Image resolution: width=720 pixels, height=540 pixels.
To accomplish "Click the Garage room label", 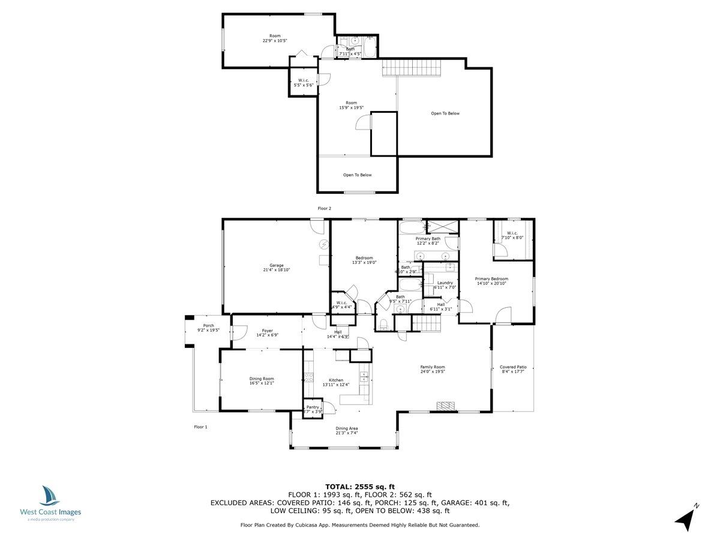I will pyautogui.click(x=276, y=265).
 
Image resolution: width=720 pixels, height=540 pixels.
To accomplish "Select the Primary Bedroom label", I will pyautogui.click(x=491, y=279).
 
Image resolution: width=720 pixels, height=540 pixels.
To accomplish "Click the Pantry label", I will pyautogui.click(x=313, y=407).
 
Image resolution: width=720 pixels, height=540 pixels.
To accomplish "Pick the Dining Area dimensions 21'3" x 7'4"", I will pyautogui.click(x=346, y=433).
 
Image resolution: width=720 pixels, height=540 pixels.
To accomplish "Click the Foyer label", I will pyautogui.click(x=268, y=331).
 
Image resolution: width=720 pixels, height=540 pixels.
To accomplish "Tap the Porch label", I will pyautogui.click(x=208, y=325).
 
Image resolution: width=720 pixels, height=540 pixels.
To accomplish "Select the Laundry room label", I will pyautogui.click(x=445, y=283).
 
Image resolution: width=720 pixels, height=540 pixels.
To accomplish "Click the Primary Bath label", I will pyautogui.click(x=428, y=239).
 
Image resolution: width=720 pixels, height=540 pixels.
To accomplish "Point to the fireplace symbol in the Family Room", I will pyautogui.click(x=444, y=406).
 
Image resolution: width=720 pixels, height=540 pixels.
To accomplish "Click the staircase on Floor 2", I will pyautogui.click(x=412, y=68).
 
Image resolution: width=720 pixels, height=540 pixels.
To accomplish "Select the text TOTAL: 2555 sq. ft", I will pyautogui.click(x=360, y=487).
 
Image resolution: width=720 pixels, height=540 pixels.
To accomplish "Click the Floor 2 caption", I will pyautogui.click(x=325, y=208).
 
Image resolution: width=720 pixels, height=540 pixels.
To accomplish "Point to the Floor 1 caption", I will pyautogui.click(x=200, y=427).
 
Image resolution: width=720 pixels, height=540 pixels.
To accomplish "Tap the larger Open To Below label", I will pyautogui.click(x=445, y=113).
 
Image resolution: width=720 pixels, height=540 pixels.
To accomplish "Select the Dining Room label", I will pyautogui.click(x=262, y=379).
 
